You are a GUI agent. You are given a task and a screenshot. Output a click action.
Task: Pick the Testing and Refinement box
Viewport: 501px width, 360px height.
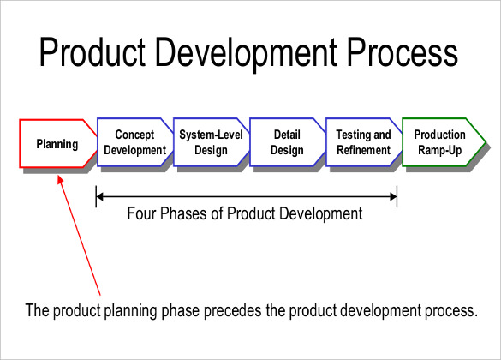pos(363,142)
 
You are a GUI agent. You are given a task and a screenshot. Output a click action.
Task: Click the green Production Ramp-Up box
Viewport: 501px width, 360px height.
pos(440,142)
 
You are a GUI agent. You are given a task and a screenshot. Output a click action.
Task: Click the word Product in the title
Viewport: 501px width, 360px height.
pos(102,55)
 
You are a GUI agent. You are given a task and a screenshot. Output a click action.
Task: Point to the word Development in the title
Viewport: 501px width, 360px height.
pos(259,55)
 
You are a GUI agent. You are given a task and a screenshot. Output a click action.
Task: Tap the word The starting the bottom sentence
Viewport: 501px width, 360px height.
pos(39,309)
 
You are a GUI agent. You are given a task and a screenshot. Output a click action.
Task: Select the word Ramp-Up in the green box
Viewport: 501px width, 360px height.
pos(439,150)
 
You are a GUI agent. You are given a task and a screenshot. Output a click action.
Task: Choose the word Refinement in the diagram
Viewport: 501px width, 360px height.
pos(363,150)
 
